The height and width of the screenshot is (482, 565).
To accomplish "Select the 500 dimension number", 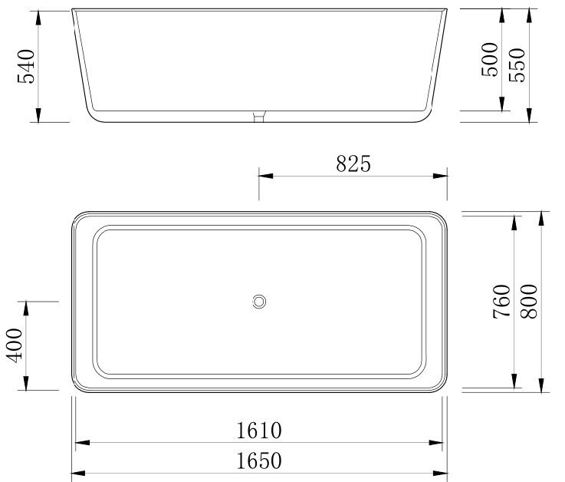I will pyautogui.click(x=488, y=59).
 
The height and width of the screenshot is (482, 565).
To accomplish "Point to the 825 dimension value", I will pyautogui.click(x=353, y=163).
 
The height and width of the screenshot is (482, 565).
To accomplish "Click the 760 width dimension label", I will pyautogui.click(x=501, y=301).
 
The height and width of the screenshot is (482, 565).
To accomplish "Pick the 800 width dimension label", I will pyautogui.click(x=529, y=301).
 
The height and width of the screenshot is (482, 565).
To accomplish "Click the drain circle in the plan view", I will pyautogui.click(x=260, y=302).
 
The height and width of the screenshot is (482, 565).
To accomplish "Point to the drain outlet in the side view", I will pyautogui.click(x=260, y=117).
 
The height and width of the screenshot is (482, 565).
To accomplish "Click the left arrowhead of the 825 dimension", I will pyautogui.click(x=264, y=175).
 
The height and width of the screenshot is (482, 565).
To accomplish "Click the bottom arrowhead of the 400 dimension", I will pyautogui.click(x=28, y=385).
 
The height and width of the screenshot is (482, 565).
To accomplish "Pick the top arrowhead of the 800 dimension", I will pyautogui.click(x=542, y=218).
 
